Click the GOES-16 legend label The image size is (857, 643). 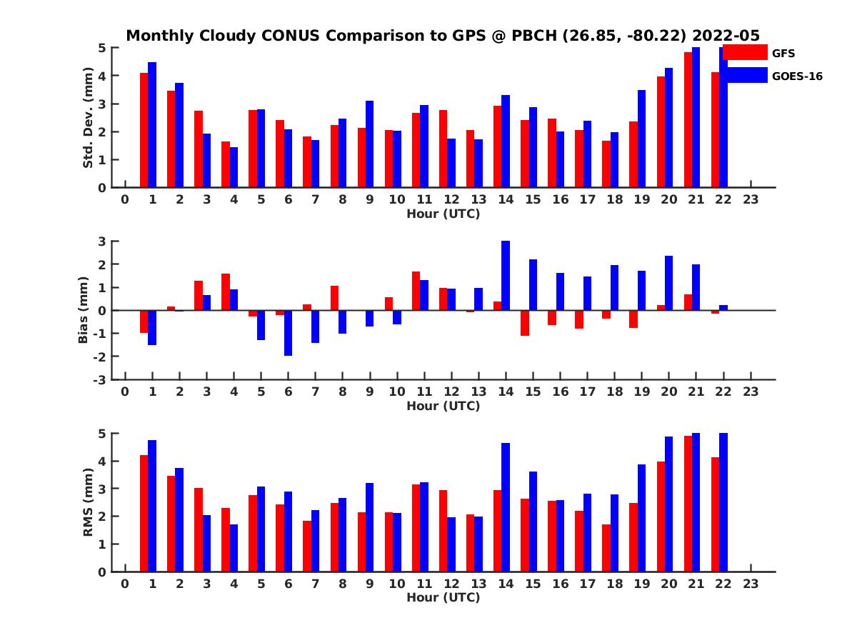point(797,76)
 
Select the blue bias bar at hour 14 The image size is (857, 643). point(506,276)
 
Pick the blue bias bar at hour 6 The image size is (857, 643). point(288,333)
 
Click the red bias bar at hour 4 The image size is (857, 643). point(226,292)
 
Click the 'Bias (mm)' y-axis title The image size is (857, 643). point(84,311)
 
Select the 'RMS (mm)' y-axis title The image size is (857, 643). point(88,502)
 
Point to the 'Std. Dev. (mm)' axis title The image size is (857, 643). point(88,118)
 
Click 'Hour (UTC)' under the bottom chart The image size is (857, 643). point(443,597)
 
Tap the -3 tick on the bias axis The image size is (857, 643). point(101,379)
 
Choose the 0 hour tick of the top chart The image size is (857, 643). point(125,200)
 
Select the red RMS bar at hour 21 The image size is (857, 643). point(688,504)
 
